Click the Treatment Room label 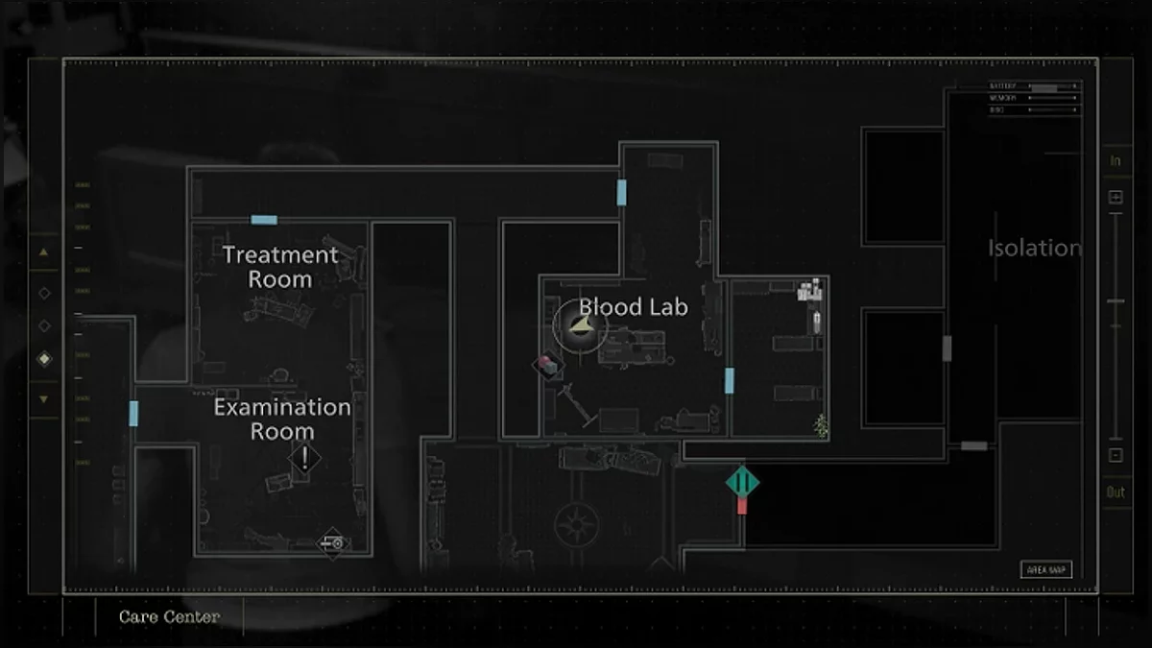280,267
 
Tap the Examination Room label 281,420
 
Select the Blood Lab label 634,307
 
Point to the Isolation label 1034,248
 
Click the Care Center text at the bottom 169,617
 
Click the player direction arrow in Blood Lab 580,327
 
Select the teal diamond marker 742,481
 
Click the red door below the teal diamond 742,505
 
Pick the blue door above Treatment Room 264,220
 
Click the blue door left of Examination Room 133,414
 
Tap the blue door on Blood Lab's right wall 730,381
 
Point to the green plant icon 821,425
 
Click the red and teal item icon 547,364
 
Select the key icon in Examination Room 332,544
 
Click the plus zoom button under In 1116,198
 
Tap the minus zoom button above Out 1116,456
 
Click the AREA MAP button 1045,569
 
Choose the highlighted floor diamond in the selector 44,359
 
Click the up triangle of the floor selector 44,252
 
